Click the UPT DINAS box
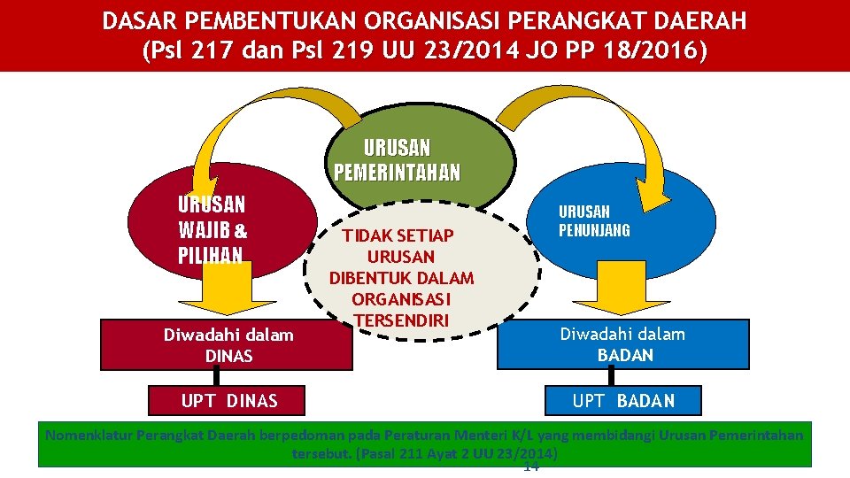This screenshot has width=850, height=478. pos(229,401)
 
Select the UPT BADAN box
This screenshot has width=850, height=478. pos(623,401)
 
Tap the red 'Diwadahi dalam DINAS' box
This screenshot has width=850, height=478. pos(228,345)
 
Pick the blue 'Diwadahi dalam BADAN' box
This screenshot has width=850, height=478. pos(622,344)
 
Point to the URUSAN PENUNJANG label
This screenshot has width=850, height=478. pos(593,221)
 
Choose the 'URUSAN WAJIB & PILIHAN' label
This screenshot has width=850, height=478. pos(212,230)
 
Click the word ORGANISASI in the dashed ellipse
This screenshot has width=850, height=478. pos(401,298)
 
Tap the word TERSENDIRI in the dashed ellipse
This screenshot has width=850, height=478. pos(401,319)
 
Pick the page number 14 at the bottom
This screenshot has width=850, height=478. pos(531,466)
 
